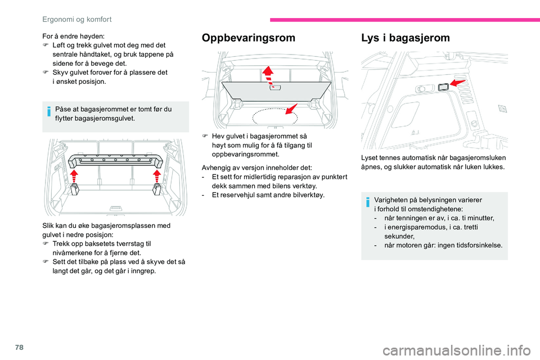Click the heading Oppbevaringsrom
248,38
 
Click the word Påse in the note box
65,109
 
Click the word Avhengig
216,167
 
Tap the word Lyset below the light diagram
370,157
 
